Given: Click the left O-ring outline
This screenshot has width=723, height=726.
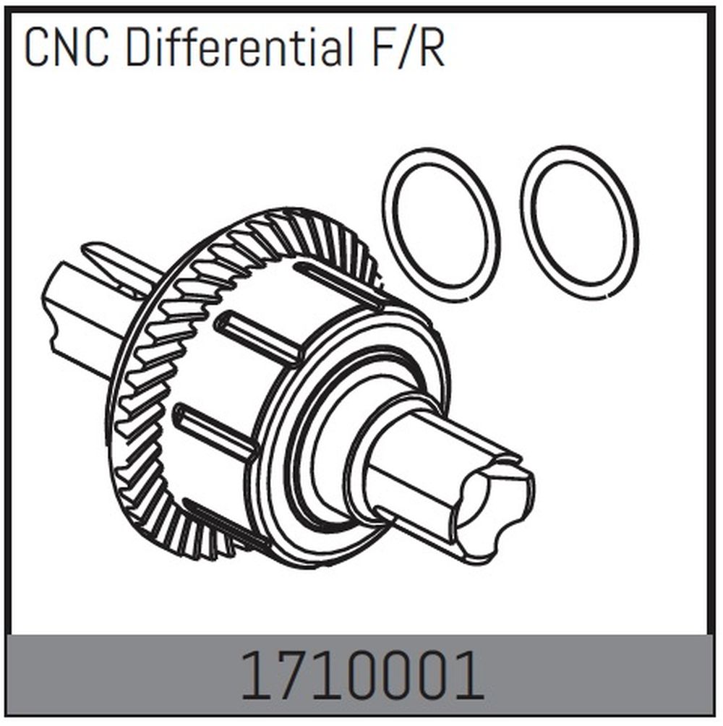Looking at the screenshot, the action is click(442, 224).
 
